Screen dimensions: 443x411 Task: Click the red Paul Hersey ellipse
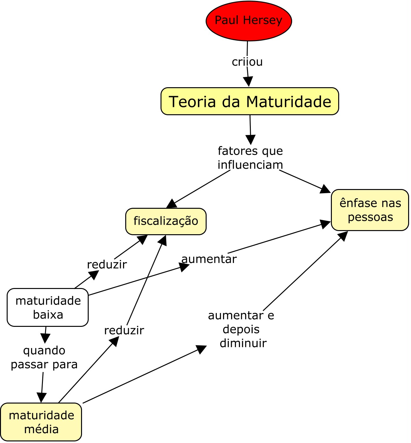click(x=249, y=21)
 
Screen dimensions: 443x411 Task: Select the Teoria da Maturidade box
click(x=250, y=101)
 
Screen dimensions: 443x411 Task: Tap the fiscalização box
click(x=166, y=221)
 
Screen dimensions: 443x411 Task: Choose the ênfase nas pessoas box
click(x=370, y=210)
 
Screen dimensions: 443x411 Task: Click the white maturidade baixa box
click(x=48, y=307)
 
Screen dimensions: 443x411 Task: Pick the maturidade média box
click(x=41, y=422)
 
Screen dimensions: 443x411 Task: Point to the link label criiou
click(x=247, y=62)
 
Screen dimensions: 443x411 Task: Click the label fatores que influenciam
click(x=250, y=158)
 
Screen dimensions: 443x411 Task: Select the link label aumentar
click(x=209, y=259)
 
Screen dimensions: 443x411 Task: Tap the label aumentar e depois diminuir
click(x=241, y=329)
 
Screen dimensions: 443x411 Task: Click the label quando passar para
click(x=44, y=357)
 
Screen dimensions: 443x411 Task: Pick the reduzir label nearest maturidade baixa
click(x=107, y=264)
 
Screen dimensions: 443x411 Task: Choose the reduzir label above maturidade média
click(x=124, y=330)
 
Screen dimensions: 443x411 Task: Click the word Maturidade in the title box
click(x=289, y=102)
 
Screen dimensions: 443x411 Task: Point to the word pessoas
click(x=370, y=217)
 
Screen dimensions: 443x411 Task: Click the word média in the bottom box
click(x=41, y=429)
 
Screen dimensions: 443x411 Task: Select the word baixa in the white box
click(x=48, y=315)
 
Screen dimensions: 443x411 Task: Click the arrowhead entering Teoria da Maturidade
click(x=248, y=82)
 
